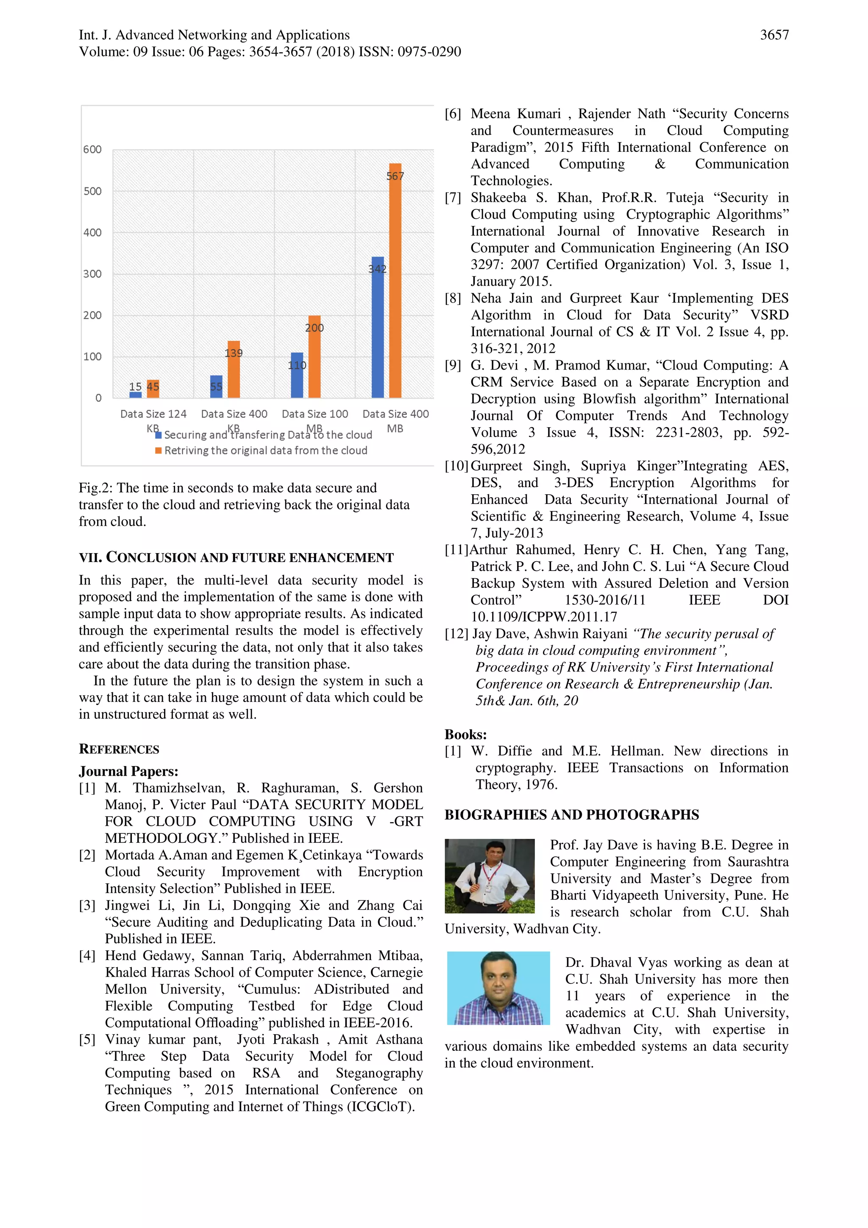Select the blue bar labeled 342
(x=378, y=331)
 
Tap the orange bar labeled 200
(x=314, y=364)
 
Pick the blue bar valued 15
(x=135, y=395)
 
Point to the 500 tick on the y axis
(x=92, y=191)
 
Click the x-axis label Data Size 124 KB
(x=153, y=415)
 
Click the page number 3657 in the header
(x=774, y=35)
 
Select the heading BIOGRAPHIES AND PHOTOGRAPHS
(x=571, y=815)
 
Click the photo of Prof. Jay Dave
(x=490, y=876)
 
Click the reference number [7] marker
(x=453, y=198)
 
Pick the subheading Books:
(x=465, y=734)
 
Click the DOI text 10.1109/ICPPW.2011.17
(x=543, y=617)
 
